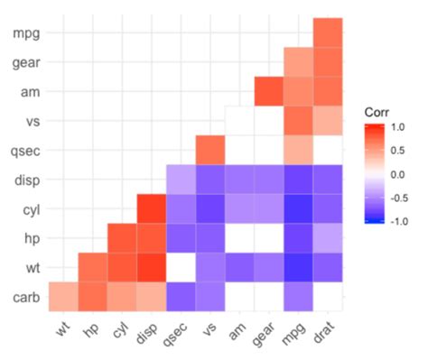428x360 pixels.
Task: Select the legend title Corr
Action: pyautogui.click(x=378, y=111)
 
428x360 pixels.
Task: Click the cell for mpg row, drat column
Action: pyautogui.click(x=328, y=32)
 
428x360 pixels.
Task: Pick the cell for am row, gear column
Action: pyautogui.click(x=269, y=91)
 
